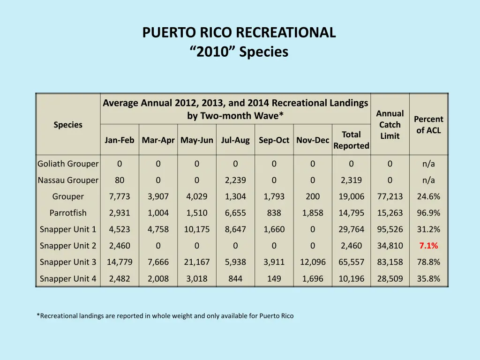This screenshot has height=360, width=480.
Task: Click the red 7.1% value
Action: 428,246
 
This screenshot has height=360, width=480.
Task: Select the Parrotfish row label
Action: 68,213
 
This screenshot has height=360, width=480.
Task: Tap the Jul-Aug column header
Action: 235,140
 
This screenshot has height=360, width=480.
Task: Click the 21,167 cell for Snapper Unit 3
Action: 197,262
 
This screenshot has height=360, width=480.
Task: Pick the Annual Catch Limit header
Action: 390,125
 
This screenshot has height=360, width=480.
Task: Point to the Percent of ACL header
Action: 428,125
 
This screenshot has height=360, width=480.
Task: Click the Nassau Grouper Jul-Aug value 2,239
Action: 235,180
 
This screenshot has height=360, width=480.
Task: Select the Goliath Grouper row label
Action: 68,164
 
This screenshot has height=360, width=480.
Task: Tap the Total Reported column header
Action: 351,140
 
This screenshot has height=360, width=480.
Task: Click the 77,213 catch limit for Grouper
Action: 390,196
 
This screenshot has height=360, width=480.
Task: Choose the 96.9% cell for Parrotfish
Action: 428,213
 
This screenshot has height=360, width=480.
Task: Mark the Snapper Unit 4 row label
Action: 68,278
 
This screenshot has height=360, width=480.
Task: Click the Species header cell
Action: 68,125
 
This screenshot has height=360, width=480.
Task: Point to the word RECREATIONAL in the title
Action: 286,32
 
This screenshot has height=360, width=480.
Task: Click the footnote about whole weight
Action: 165,316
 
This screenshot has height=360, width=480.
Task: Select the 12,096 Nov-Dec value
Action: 313,262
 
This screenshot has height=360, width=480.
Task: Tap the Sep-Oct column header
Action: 274,140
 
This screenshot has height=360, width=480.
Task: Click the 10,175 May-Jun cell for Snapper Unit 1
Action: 197,229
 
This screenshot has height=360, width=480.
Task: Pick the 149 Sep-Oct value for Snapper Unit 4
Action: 274,278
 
